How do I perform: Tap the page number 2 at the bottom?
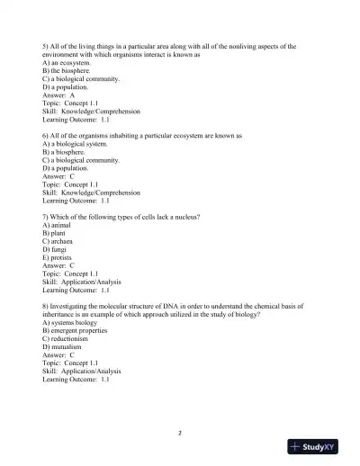click(180, 432)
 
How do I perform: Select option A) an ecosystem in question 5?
click(66, 63)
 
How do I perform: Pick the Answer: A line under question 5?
click(58, 94)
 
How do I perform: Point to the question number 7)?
click(46, 218)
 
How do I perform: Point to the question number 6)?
click(46, 136)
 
